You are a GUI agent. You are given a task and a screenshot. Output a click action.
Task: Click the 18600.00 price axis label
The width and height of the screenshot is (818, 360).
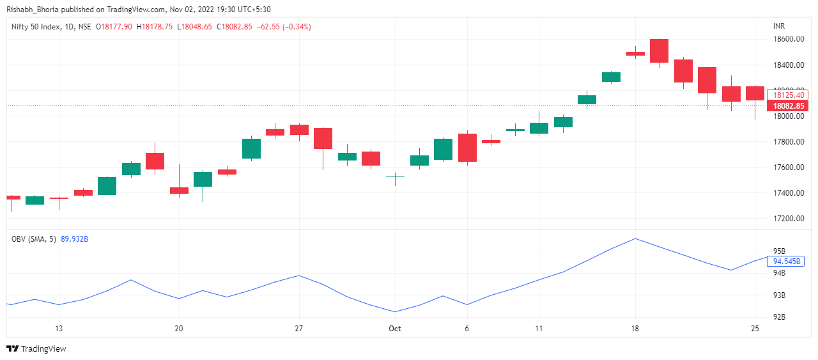click(788, 39)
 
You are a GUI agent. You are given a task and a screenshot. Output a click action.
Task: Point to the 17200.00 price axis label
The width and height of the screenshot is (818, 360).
click(788, 219)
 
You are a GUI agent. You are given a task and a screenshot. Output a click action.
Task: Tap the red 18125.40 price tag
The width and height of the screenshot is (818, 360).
click(788, 95)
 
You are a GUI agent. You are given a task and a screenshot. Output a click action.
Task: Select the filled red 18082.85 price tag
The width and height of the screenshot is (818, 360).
click(788, 106)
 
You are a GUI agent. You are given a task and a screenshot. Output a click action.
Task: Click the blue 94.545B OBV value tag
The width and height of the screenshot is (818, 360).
click(787, 261)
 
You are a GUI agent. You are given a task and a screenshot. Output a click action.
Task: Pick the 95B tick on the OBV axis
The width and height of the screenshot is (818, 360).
click(779, 251)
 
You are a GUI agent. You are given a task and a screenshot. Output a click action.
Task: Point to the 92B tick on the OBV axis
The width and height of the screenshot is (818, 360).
click(779, 317)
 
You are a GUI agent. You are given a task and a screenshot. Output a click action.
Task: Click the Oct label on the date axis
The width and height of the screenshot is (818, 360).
click(395, 329)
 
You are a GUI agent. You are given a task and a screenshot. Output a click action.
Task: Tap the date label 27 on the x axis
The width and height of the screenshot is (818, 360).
click(298, 329)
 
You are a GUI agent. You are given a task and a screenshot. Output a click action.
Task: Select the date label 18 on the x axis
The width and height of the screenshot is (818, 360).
click(635, 329)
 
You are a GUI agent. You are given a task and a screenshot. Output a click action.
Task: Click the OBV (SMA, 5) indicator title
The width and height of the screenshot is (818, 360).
click(34, 239)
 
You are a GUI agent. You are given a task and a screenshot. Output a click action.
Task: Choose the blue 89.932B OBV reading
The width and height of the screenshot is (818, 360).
click(74, 239)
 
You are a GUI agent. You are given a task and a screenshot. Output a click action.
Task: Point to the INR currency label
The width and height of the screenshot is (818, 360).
click(779, 26)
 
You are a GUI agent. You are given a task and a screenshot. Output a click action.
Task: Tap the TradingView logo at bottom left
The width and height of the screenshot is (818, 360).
click(36, 348)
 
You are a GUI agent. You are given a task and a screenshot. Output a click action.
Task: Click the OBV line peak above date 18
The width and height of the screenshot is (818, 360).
click(635, 239)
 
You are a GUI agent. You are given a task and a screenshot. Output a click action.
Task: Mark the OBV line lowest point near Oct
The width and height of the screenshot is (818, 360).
click(395, 312)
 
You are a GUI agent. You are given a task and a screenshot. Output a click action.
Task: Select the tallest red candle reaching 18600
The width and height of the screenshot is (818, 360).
click(659, 51)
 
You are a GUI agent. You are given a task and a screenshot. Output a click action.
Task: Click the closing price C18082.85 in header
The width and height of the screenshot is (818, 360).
click(234, 27)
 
